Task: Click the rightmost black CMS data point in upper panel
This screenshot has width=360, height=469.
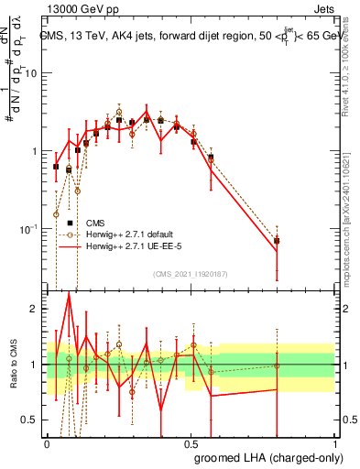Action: click(x=278, y=241)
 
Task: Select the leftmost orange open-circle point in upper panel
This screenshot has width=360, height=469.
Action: click(x=57, y=214)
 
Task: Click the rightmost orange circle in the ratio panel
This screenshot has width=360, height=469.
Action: click(x=278, y=366)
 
